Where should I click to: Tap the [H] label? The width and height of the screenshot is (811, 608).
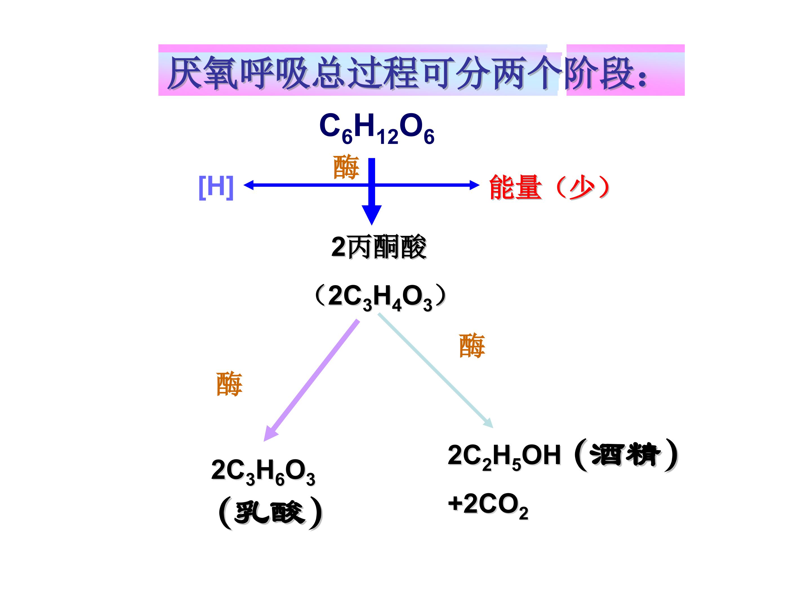point(216,187)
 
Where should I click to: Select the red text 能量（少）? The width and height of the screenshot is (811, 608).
point(550,187)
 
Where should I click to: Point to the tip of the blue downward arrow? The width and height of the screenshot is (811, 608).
point(371,225)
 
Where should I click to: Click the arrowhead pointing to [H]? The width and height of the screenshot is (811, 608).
point(248,185)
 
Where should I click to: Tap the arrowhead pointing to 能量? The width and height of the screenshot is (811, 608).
point(475,185)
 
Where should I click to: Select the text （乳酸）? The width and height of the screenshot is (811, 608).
point(270,513)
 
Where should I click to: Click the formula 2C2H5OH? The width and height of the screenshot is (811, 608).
point(504,456)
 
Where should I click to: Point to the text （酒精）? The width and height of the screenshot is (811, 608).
point(625,455)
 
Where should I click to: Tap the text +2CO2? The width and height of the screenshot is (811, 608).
point(488,505)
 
